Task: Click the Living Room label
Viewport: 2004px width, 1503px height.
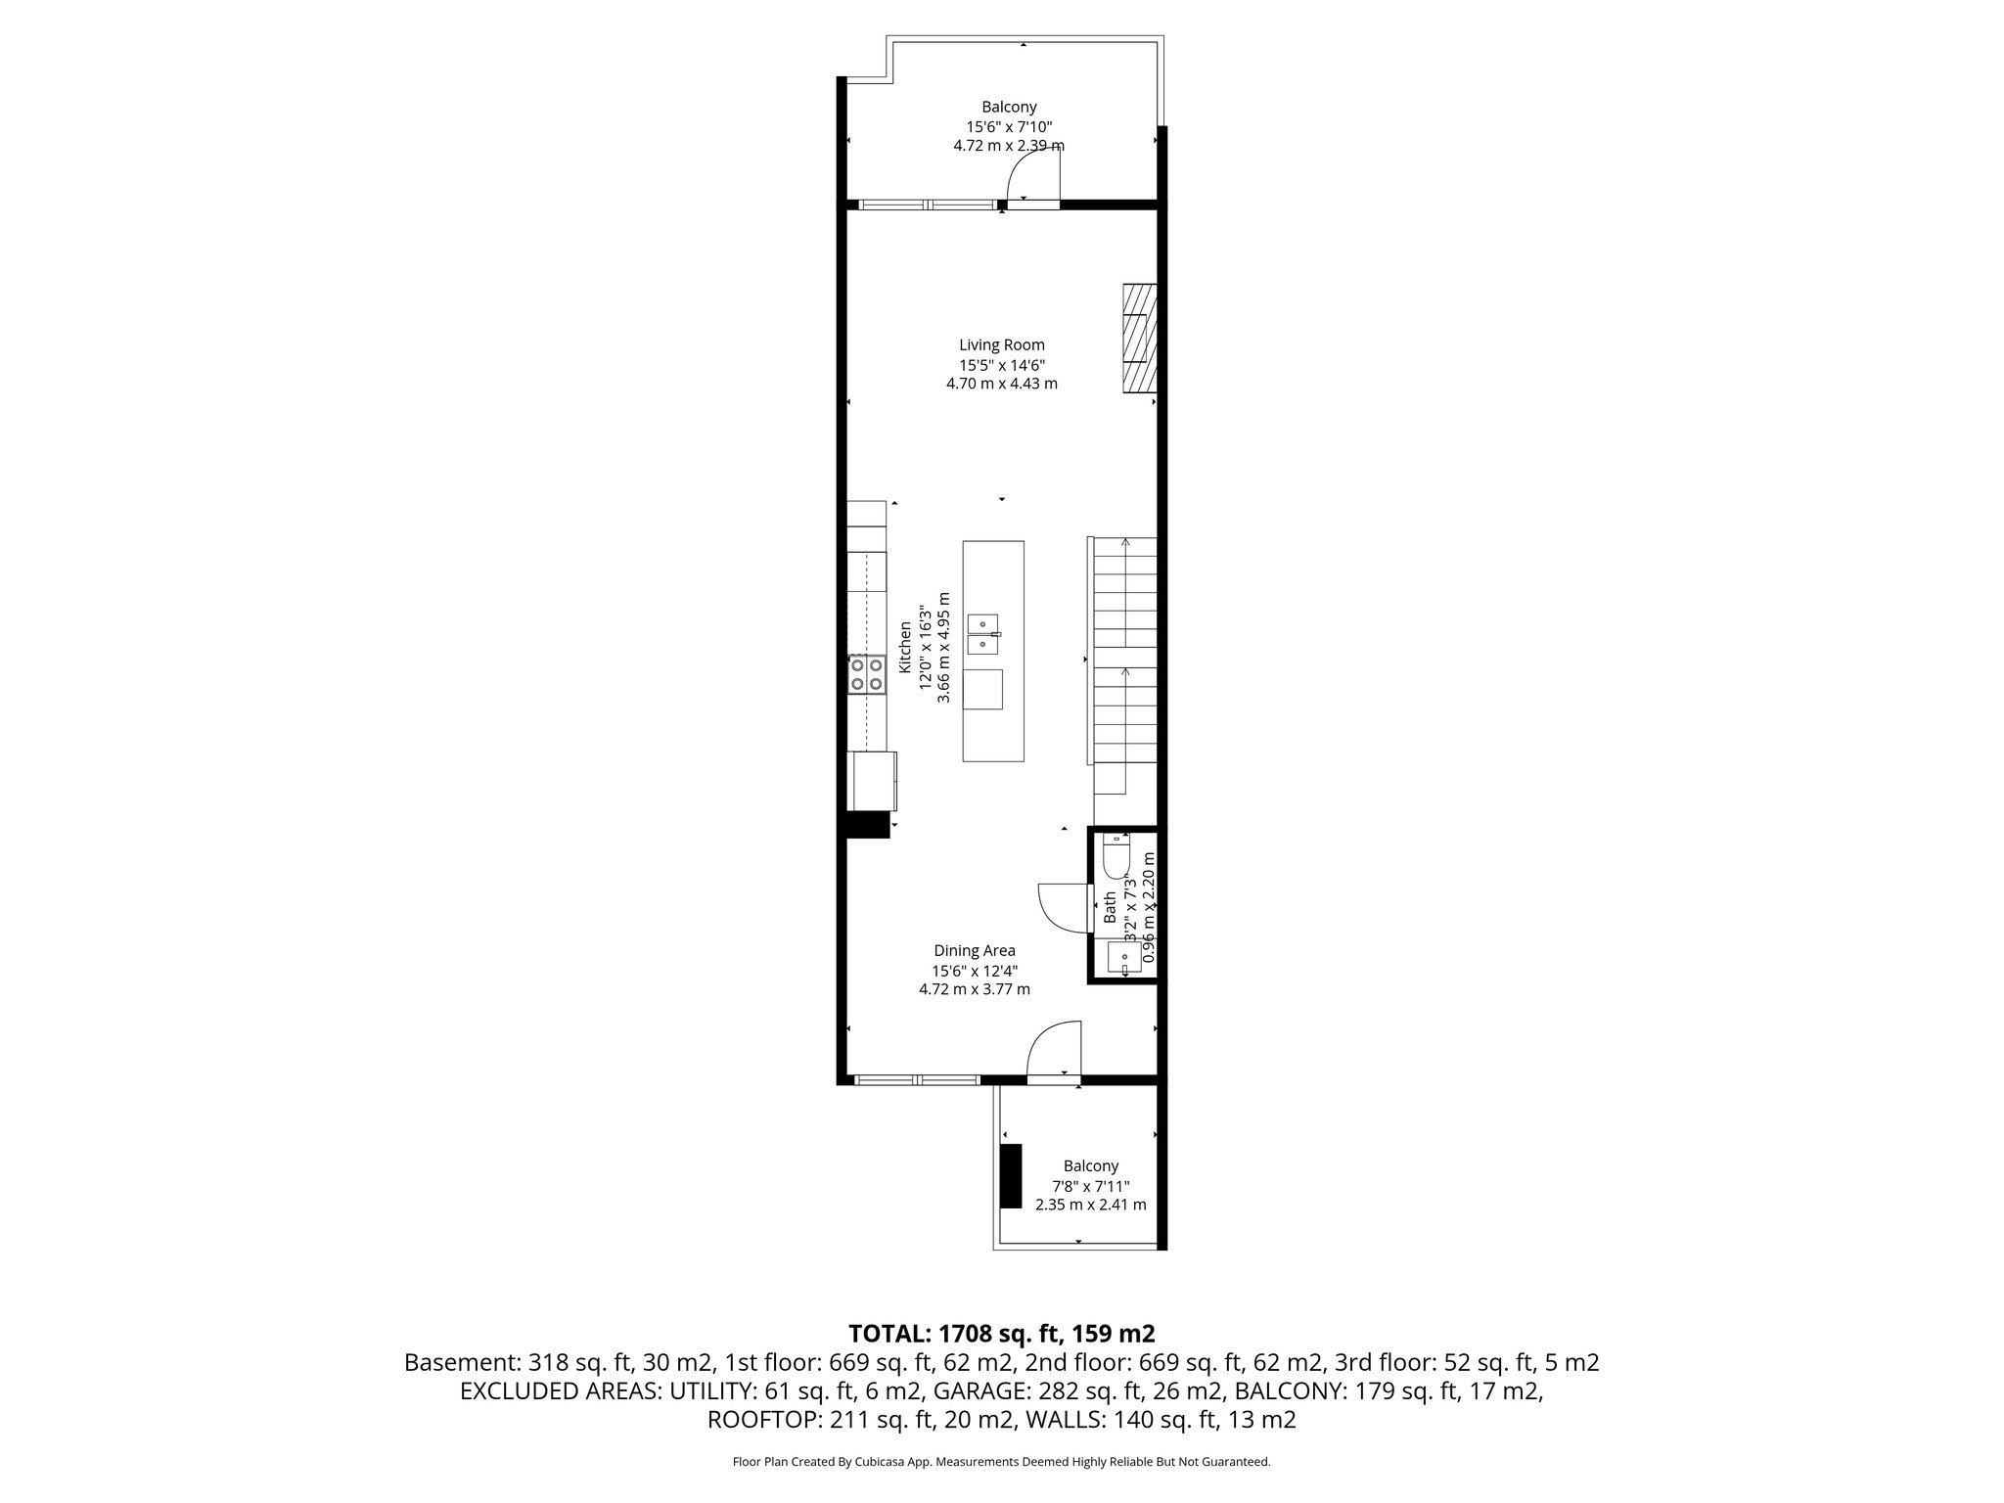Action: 1001,344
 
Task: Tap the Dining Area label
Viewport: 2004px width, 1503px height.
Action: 974,950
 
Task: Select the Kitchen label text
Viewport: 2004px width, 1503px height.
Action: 906,646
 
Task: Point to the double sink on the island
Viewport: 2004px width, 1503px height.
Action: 982,634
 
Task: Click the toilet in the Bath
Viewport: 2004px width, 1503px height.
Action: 1116,857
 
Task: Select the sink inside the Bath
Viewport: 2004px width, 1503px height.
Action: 1122,957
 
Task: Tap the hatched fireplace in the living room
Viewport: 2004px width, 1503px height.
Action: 1140,339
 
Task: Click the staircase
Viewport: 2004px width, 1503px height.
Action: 1124,665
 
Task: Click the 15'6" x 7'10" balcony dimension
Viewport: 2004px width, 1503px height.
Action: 1009,126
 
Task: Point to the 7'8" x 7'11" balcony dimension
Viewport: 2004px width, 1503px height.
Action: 1090,1186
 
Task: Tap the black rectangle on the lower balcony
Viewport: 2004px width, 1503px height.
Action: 1011,1176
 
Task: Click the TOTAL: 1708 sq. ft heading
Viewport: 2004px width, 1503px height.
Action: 1001,1333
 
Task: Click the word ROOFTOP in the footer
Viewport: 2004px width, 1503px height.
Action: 763,1420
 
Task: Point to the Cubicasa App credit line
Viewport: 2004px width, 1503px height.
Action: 1001,1462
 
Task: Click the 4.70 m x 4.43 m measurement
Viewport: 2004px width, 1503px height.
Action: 1001,384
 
